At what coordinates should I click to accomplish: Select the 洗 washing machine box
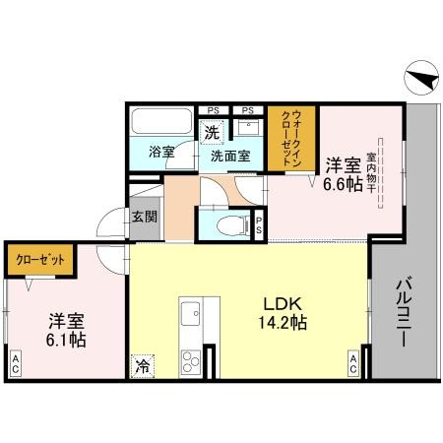211,131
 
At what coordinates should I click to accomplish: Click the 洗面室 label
228,154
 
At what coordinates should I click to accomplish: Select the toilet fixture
225,223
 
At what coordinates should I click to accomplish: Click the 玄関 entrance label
144,217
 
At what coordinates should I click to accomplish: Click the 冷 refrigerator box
144,364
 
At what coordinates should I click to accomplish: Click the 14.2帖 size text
279,323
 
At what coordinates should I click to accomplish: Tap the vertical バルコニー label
403,311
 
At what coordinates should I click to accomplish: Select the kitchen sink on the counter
190,315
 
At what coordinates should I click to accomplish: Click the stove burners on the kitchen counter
190,358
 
